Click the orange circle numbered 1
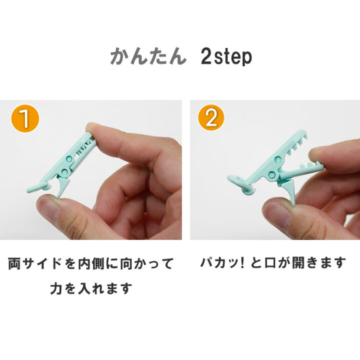tap(25, 118)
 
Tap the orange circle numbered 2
tap(211, 118)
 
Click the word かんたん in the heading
tap(148, 56)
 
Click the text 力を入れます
tap(91, 288)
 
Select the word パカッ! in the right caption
tap(222, 263)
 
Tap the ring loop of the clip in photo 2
tap(239, 183)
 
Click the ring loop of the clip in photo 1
tap(38, 187)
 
